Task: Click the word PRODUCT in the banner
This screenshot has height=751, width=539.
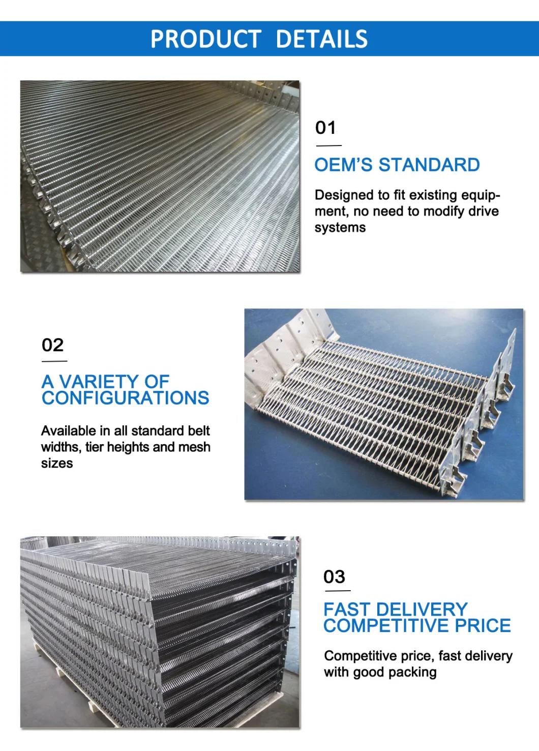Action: click(206, 39)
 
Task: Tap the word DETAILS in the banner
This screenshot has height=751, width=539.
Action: click(321, 39)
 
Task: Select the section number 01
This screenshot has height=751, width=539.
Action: click(326, 127)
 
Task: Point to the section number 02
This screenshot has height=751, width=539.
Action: click(52, 345)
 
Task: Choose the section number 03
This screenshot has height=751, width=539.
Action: click(335, 576)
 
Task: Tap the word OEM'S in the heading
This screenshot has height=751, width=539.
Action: click(344, 165)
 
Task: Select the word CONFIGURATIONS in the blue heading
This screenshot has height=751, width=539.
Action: click(125, 397)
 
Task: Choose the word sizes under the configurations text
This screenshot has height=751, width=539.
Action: click(57, 463)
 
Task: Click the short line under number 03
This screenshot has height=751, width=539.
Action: click(337, 591)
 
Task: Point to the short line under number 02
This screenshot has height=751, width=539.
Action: click(54, 361)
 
